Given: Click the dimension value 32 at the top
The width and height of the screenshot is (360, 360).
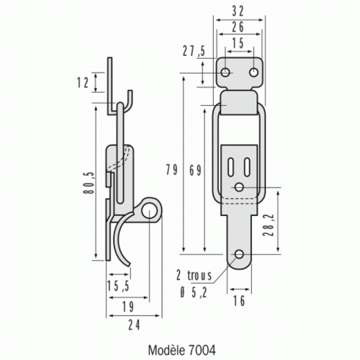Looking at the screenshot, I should (x=239, y=10).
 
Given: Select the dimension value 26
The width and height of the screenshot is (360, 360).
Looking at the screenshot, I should (x=239, y=27).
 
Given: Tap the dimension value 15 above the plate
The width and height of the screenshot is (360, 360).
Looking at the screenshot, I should (x=239, y=43).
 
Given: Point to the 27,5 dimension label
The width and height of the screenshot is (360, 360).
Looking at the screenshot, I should (x=194, y=52).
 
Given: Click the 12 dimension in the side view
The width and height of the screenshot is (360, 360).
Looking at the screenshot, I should (x=83, y=83).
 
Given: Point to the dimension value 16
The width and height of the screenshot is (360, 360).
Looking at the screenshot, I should (x=239, y=300).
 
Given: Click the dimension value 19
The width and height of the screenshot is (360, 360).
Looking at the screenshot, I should (x=127, y=306).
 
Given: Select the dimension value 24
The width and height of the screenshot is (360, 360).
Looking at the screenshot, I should (x=133, y=325).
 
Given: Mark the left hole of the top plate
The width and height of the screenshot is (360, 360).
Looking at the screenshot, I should (x=226, y=73).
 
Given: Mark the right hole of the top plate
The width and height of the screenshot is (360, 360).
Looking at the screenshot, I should (x=253, y=73).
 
